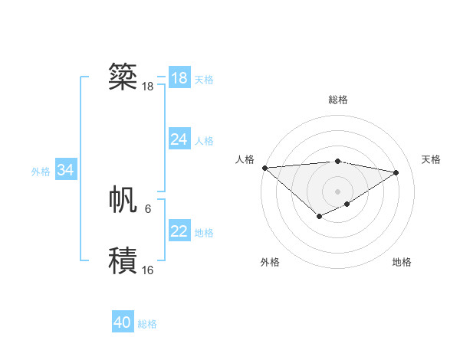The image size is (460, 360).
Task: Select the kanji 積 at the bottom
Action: point(123,261)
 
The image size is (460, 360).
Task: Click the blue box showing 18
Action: point(179,78)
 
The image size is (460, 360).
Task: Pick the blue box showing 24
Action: point(179,139)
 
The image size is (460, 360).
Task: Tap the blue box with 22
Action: point(179,231)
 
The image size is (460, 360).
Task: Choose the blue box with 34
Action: point(65,170)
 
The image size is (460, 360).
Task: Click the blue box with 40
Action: point(123,323)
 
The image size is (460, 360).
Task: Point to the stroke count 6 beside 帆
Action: point(148,208)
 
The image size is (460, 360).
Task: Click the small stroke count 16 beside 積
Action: point(147,270)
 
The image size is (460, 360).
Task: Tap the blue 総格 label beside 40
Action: point(147,324)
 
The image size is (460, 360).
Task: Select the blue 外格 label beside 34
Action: point(41,172)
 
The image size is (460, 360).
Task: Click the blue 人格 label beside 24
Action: point(204,141)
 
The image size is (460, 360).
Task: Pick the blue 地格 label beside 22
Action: point(204,233)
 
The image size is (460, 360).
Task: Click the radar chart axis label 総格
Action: point(337,100)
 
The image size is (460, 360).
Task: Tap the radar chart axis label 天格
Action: point(431,159)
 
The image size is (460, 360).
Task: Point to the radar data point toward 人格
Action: point(264,168)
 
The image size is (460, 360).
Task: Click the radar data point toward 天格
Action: point(396,172)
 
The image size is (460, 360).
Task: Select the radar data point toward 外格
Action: point(319,218)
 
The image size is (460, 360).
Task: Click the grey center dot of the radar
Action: point(337,191)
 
